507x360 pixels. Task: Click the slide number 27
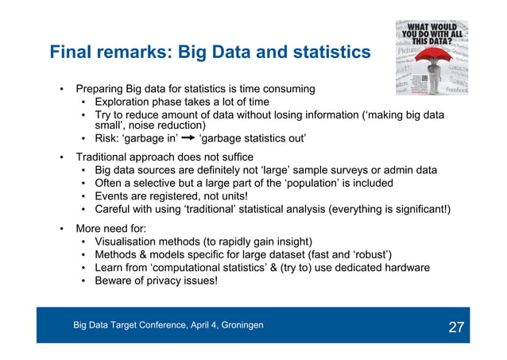point(456,327)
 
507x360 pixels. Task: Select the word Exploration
point(122,103)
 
